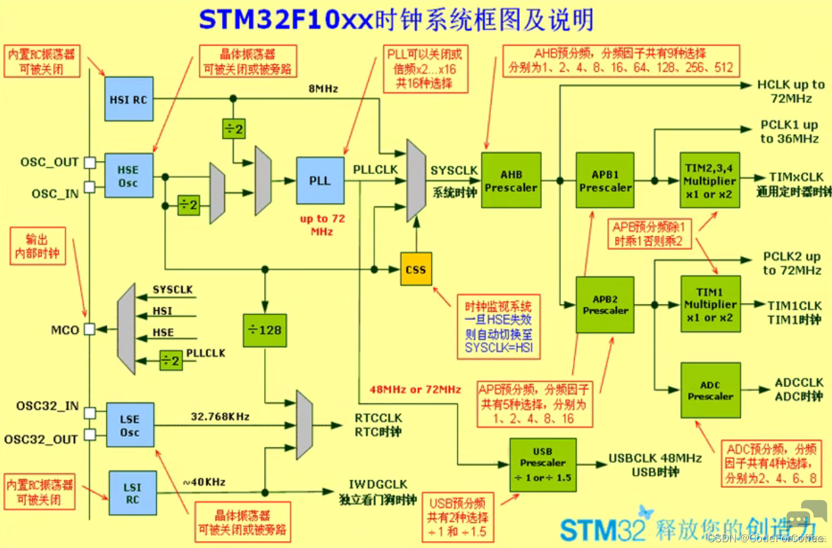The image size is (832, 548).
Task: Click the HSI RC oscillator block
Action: [x=128, y=99]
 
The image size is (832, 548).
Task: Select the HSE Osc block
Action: [x=128, y=176]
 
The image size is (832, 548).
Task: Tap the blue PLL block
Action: [x=320, y=181]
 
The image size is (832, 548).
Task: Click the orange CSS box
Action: [x=416, y=269]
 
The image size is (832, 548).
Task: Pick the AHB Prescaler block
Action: [x=511, y=181]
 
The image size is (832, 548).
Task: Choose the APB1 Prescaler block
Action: [x=605, y=181]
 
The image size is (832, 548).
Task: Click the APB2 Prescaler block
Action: [x=605, y=304]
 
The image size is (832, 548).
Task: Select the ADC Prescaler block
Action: [x=710, y=390]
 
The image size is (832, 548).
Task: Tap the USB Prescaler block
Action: [x=542, y=465]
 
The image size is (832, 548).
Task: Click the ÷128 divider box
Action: [x=265, y=330]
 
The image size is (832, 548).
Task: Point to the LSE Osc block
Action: [x=130, y=425]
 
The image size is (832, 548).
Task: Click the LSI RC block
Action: [x=132, y=493]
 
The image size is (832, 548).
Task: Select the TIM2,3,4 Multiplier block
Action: [x=709, y=181]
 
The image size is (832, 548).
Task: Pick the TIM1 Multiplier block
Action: [x=710, y=304]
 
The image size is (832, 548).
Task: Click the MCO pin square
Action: [x=90, y=329]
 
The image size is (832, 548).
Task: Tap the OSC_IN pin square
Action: [x=90, y=187]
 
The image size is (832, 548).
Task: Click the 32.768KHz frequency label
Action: [x=220, y=416]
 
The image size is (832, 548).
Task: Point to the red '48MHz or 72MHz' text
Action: [x=415, y=389]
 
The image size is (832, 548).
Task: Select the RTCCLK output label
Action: [x=378, y=418]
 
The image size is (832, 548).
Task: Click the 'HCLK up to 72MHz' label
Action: [x=791, y=91]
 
